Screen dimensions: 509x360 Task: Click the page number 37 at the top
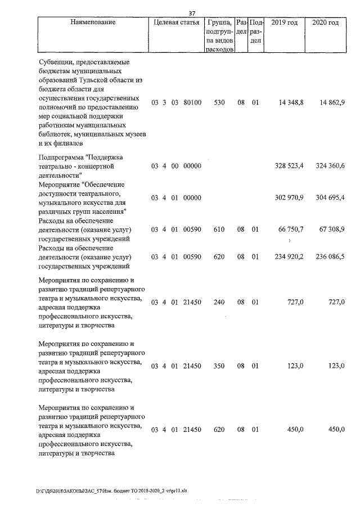click(191, 13)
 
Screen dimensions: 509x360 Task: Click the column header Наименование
click(93, 22)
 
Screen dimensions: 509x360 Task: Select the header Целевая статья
click(176, 22)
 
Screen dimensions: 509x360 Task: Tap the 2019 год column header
click(284, 22)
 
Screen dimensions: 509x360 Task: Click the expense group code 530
click(219, 103)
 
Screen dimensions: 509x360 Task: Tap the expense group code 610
click(219, 229)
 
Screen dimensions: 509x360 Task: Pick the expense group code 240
click(219, 302)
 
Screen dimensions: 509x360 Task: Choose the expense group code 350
click(219, 366)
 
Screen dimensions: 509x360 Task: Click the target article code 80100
click(192, 103)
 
